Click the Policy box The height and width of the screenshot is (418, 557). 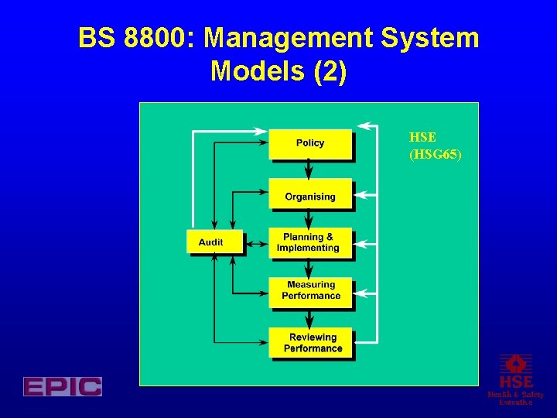tap(309, 143)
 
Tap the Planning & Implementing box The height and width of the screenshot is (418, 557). tap(309, 243)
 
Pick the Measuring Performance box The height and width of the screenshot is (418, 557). tap(310, 292)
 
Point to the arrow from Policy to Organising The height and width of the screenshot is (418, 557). tap(309, 169)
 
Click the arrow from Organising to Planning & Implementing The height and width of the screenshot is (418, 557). tap(309, 219)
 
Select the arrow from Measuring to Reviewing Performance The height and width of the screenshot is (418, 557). tap(309, 318)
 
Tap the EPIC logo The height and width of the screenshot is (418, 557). tap(63, 386)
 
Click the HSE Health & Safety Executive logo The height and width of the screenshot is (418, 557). tap(515, 379)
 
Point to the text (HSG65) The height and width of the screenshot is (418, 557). tap(436, 155)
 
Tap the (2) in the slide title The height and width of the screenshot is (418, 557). tap(330, 72)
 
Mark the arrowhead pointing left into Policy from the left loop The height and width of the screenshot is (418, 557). tap(261, 133)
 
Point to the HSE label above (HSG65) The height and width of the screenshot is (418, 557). tap(422, 138)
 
